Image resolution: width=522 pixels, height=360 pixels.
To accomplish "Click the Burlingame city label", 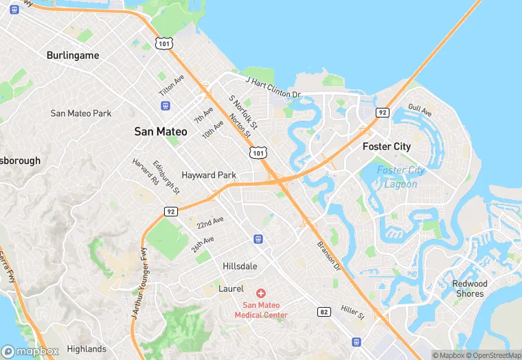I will pos(73,55).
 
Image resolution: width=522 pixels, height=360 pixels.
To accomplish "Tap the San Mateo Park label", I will pos(81,113).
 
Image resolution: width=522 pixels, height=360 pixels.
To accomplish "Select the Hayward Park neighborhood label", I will pos(209,175).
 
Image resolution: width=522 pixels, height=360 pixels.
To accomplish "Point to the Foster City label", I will pos(387,146).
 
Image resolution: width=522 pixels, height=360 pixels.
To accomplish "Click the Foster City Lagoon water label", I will pos(400,177).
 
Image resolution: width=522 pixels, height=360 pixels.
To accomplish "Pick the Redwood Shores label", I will pos(470,289).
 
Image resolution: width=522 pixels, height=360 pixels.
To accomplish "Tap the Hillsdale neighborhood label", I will pos(240,266).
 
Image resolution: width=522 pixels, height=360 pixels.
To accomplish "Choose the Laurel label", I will pos(231,289).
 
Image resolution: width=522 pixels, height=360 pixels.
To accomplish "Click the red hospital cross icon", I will pos(261,293).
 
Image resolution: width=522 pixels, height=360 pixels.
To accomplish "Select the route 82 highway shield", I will pos(324,311).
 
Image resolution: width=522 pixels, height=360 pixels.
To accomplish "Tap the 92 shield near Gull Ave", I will pos(383,112).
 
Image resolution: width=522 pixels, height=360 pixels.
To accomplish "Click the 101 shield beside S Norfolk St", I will pos(257,153).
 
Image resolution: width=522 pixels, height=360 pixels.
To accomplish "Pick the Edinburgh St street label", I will pos(166,177).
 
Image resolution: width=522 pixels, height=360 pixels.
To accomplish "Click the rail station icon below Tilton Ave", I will pos(165,105).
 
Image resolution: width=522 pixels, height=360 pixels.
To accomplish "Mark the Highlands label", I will pos(87,349).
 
